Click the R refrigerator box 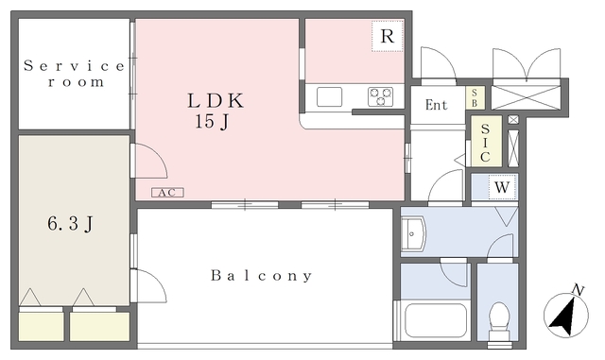(388, 36)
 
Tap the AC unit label (167, 193)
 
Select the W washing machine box (502, 187)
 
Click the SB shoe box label (475, 98)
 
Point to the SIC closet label (485, 143)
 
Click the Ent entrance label (437, 105)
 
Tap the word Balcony (262, 276)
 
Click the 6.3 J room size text (70, 223)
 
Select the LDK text (216, 101)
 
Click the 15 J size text (212, 122)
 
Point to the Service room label (74, 74)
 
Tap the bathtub (435, 320)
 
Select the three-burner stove (380, 96)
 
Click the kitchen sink (330, 96)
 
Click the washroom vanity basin (413, 233)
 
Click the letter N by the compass (578, 290)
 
